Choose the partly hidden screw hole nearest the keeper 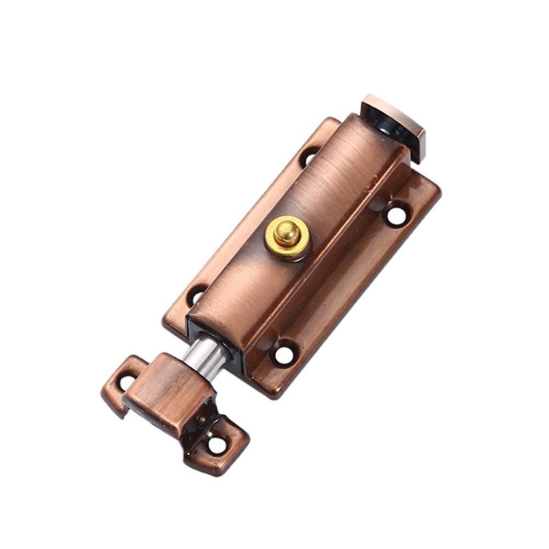(196, 295)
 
